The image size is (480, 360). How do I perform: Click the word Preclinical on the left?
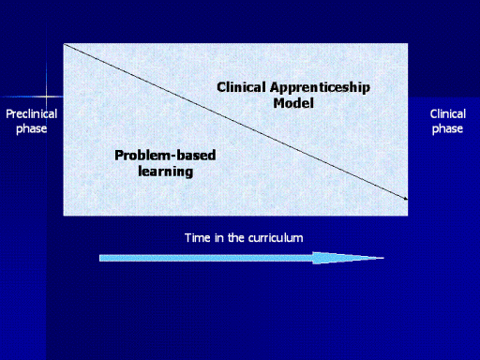click(32, 113)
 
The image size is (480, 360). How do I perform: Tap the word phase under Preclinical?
click(32, 128)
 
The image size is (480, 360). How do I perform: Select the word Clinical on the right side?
click(448, 113)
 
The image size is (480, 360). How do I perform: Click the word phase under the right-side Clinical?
click(447, 128)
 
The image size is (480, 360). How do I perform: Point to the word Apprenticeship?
click(320, 87)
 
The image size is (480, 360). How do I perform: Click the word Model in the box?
click(293, 103)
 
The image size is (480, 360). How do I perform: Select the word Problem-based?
click(165, 155)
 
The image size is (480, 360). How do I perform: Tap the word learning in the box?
click(166, 172)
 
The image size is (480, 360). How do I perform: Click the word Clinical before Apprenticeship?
click(242, 87)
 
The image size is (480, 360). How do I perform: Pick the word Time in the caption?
click(198, 238)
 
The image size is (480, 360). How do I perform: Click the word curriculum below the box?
click(276, 238)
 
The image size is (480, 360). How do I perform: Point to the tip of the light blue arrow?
click(383, 258)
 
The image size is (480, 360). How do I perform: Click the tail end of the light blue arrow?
click(100, 258)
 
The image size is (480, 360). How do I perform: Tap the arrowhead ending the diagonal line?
click(406, 199)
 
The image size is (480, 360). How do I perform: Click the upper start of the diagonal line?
click(65, 45)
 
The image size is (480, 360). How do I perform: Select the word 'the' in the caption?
click(236, 238)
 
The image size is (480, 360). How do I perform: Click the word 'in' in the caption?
click(219, 238)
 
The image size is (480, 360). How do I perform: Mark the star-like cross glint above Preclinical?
click(46, 97)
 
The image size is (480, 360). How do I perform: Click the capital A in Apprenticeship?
click(275, 87)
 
